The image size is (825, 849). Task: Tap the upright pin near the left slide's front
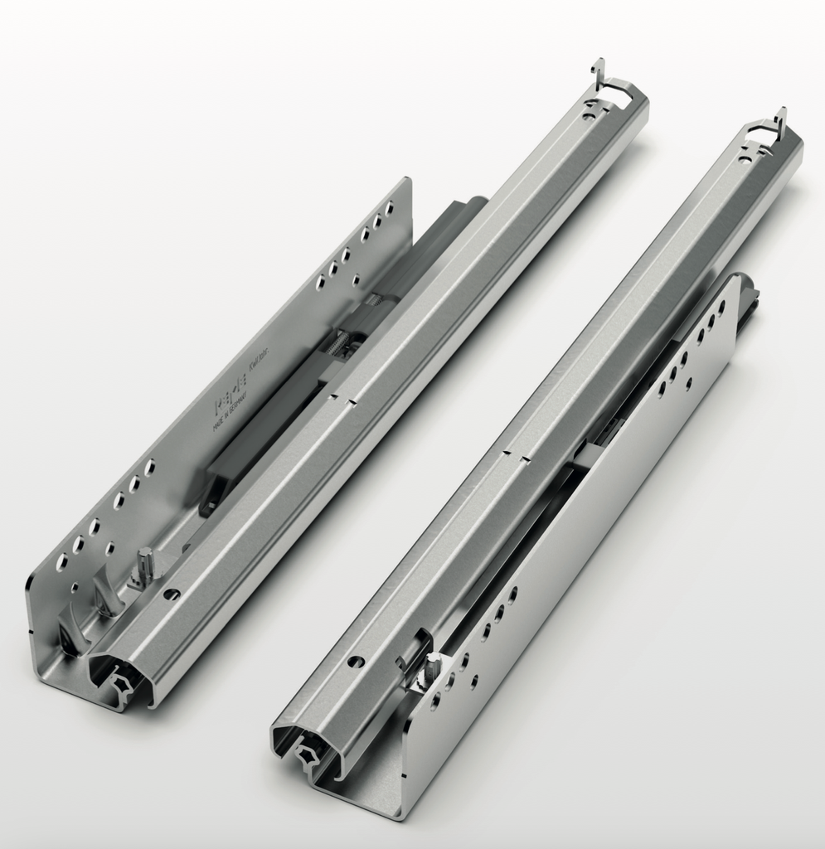146,563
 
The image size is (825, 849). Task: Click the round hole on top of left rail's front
172,594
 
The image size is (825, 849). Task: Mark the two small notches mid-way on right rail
516,455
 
